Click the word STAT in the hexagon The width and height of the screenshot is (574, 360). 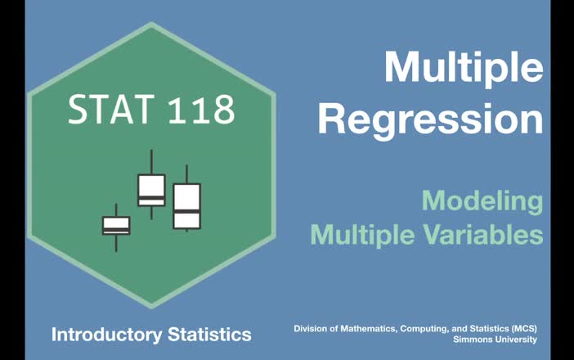pyautogui.click(x=108, y=110)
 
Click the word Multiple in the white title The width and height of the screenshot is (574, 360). pyautogui.click(x=464, y=67)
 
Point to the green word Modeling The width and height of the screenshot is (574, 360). pyautogui.click(x=482, y=200)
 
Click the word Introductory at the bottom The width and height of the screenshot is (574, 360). pyautogui.click(x=104, y=334)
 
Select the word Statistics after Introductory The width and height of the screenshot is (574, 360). pyautogui.click(x=207, y=334)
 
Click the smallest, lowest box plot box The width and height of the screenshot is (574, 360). pyautogui.click(x=116, y=225)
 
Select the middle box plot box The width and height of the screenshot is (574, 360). pyautogui.click(x=151, y=190)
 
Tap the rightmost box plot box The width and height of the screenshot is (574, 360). pyautogui.click(x=186, y=205)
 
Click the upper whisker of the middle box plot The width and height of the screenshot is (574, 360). pyautogui.click(x=151, y=162)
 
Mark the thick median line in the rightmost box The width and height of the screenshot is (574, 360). pyautogui.click(x=186, y=211)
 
